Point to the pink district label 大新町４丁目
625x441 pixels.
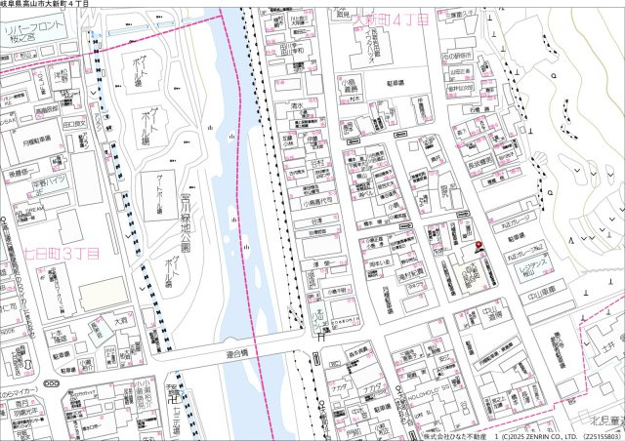(x=390, y=20)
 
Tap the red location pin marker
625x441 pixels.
(x=479, y=248)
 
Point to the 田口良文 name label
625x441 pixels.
(x=73, y=125)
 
